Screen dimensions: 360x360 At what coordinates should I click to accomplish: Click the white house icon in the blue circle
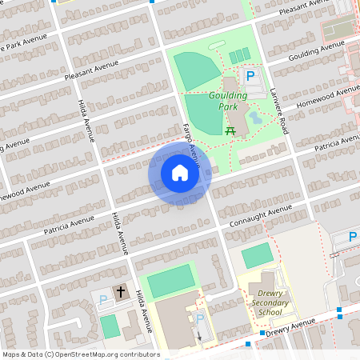tap(179, 173)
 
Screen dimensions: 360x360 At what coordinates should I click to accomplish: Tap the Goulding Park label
tap(228, 100)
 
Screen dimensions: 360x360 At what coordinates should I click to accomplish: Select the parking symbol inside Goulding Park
tap(250, 77)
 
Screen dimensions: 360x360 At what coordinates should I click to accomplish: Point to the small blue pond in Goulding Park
tap(254, 118)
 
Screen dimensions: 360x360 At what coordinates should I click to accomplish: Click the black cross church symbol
tap(121, 293)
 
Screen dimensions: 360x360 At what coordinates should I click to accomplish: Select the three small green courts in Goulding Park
tap(239, 56)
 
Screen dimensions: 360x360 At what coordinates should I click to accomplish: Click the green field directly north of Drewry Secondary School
tap(257, 256)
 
